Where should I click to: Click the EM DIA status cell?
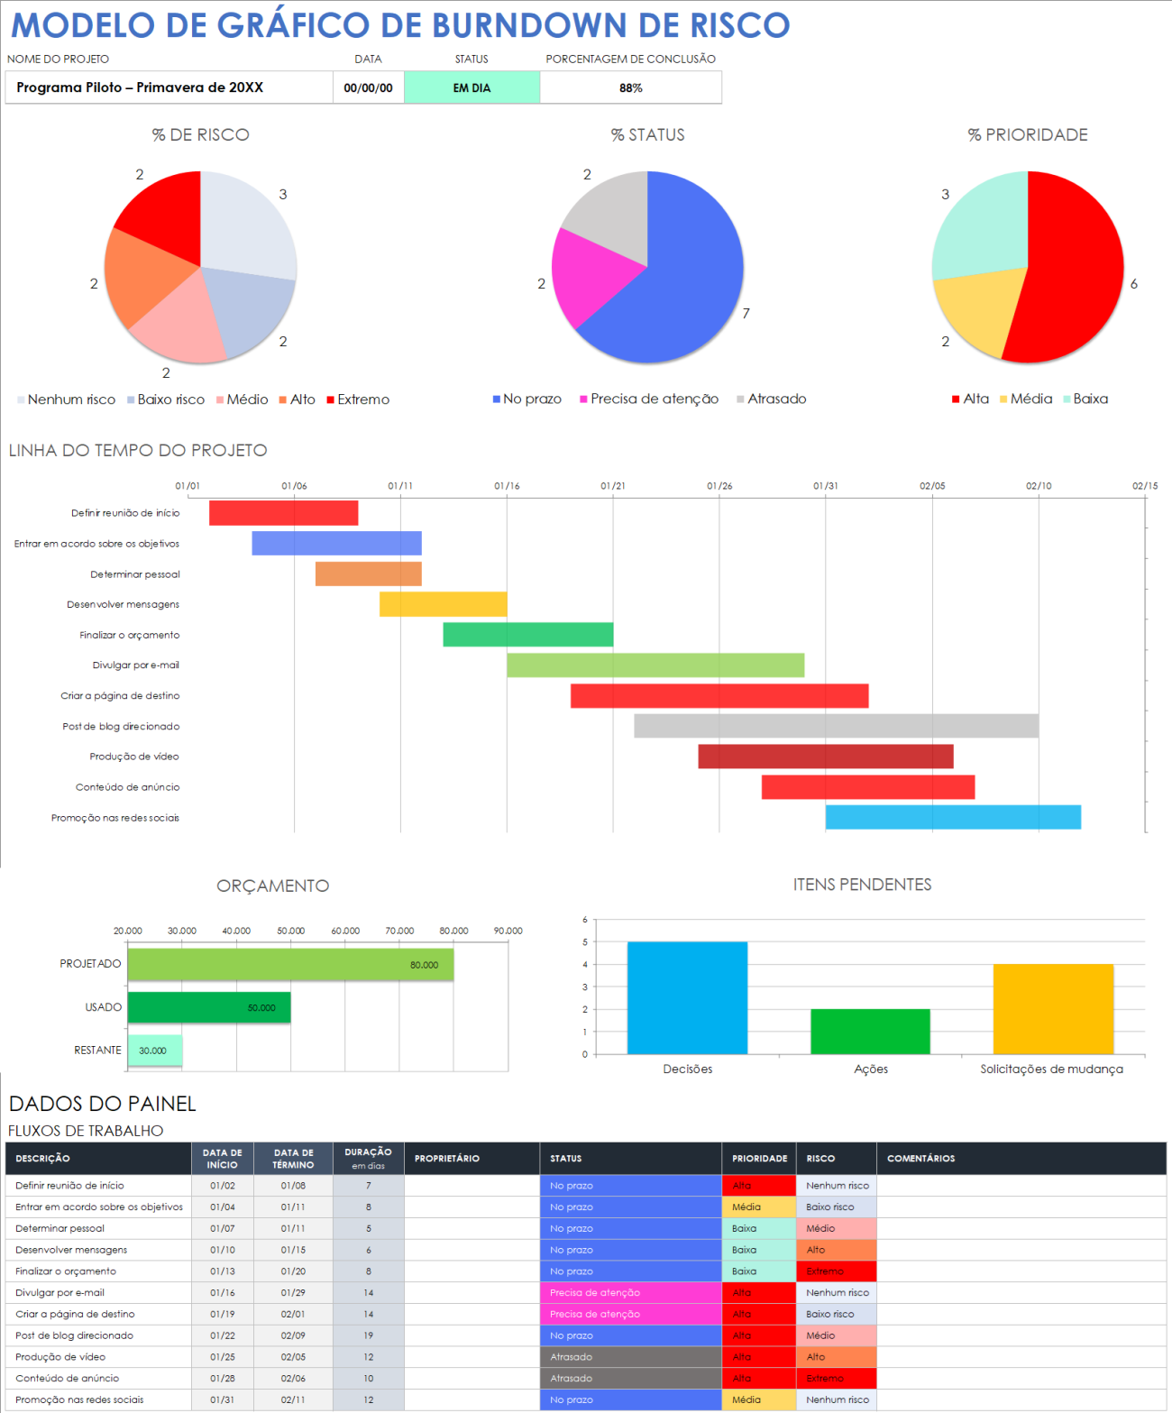(x=472, y=88)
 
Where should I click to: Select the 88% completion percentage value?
(x=630, y=88)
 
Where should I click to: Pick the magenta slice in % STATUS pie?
(x=586, y=275)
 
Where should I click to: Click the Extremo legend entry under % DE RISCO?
(x=358, y=399)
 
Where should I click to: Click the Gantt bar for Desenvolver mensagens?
(x=443, y=604)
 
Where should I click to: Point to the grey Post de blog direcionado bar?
(x=836, y=726)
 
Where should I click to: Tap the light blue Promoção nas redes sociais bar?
(x=953, y=817)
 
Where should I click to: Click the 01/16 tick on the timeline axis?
(x=507, y=486)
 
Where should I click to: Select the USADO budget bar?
(x=209, y=1007)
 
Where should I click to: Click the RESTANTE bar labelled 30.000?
(x=155, y=1051)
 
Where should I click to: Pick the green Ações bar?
(x=870, y=1032)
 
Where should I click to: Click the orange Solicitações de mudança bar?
(x=1053, y=1009)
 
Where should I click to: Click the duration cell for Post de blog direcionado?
(x=368, y=1335)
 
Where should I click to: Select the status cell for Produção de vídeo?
(x=630, y=1357)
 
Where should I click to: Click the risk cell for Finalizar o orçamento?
(x=836, y=1271)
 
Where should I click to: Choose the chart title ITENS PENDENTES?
(x=862, y=885)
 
